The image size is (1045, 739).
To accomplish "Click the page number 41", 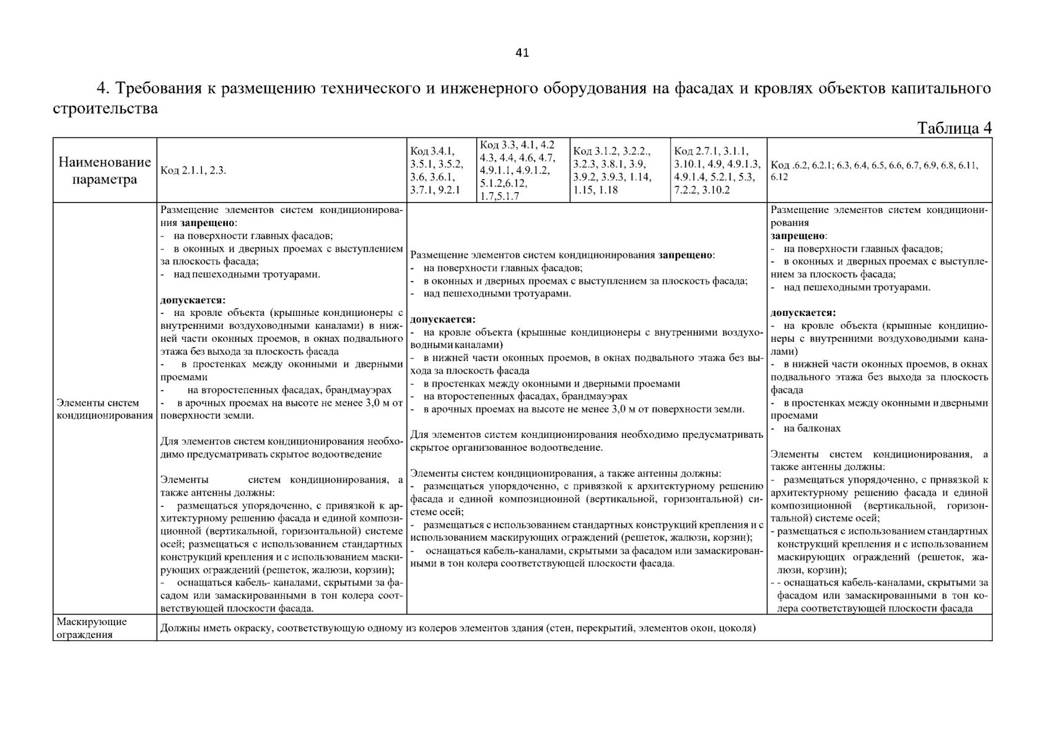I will (x=522, y=53).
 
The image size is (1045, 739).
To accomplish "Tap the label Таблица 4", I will (x=954, y=128).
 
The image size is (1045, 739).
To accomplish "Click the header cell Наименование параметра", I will (x=105, y=171).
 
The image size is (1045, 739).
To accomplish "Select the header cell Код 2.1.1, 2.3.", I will (x=193, y=171).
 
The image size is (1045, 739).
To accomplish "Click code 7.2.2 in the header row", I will (x=687, y=190).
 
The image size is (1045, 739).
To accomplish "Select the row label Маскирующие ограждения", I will (x=92, y=628).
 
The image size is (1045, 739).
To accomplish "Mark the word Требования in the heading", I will (x=159, y=89).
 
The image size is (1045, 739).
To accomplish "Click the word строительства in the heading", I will (x=105, y=109).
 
